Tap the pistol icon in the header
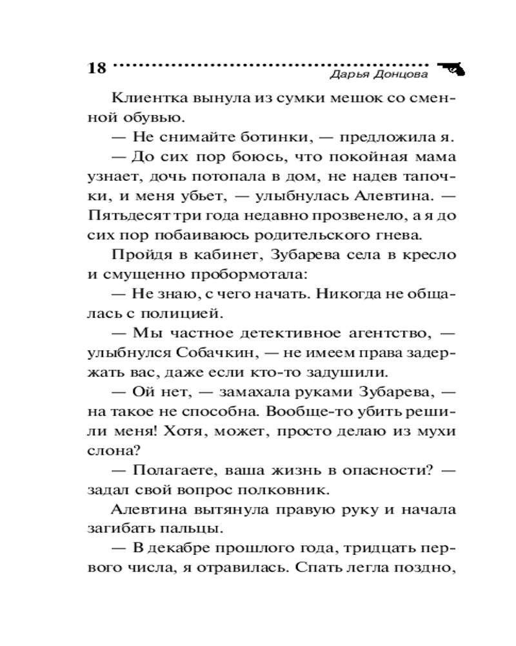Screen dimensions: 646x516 [x=451, y=68]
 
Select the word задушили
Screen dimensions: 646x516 [x=347, y=372]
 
